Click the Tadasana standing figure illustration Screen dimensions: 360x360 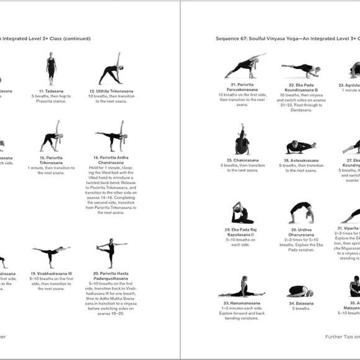point(51,66)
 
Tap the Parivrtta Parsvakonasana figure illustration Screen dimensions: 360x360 point(243,66)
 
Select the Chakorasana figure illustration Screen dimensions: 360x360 point(242,140)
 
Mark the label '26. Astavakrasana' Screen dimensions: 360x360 point(300,160)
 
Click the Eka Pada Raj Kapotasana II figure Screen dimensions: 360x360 point(242,213)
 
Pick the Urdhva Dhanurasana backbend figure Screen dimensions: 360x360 point(300,213)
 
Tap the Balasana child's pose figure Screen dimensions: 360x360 point(300,292)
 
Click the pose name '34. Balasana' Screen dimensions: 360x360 point(300,304)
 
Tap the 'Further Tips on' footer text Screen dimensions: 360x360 point(342,338)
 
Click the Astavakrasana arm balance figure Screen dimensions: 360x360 point(300,147)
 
